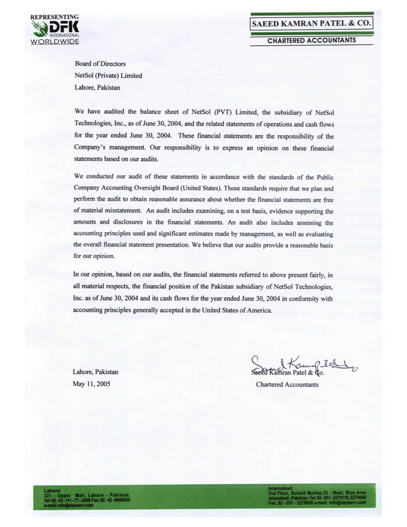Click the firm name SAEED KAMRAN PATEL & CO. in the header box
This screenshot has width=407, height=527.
(311, 24)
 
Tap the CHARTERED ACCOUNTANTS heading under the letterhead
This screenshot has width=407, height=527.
(312, 41)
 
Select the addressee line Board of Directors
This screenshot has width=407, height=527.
(100, 64)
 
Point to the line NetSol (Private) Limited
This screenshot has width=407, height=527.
(108, 76)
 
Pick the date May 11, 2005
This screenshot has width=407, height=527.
(91, 384)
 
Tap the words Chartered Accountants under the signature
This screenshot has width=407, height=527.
(287, 384)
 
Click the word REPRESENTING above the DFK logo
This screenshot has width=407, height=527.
(54, 17)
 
